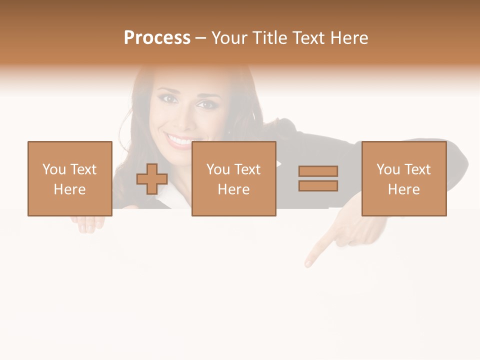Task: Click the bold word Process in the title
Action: (x=157, y=38)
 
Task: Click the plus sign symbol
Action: (x=152, y=179)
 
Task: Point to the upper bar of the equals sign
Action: (x=318, y=171)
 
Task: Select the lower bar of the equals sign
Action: (x=318, y=185)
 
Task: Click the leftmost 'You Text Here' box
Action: (x=69, y=178)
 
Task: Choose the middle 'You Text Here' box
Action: (x=233, y=178)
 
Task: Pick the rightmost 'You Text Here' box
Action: (x=403, y=178)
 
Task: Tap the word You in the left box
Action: (x=54, y=169)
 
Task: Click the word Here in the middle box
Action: (x=233, y=189)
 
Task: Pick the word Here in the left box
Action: (x=69, y=189)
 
